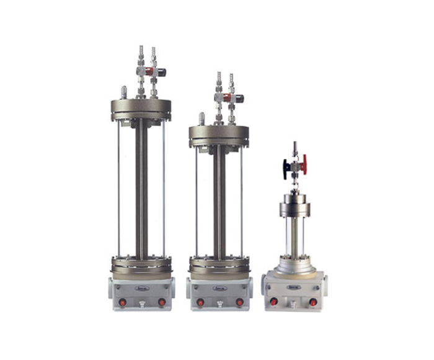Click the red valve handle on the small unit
coord(304,165)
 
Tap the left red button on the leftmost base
coord(122,302)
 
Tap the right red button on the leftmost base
coord(162,302)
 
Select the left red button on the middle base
coord(200,302)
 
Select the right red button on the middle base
coord(239,302)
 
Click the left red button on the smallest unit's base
coord(273,302)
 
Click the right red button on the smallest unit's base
coord(313,302)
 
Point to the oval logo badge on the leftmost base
coord(142,287)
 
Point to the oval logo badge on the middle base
coord(219,287)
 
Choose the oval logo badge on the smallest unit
coord(293,287)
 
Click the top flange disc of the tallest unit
coord(141,108)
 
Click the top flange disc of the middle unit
coord(218,133)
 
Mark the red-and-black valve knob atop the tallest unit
coord(159,72)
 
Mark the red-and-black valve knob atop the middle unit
coord(236,98)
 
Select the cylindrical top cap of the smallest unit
coord(294,205)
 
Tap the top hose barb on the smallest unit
coord(294,146)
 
